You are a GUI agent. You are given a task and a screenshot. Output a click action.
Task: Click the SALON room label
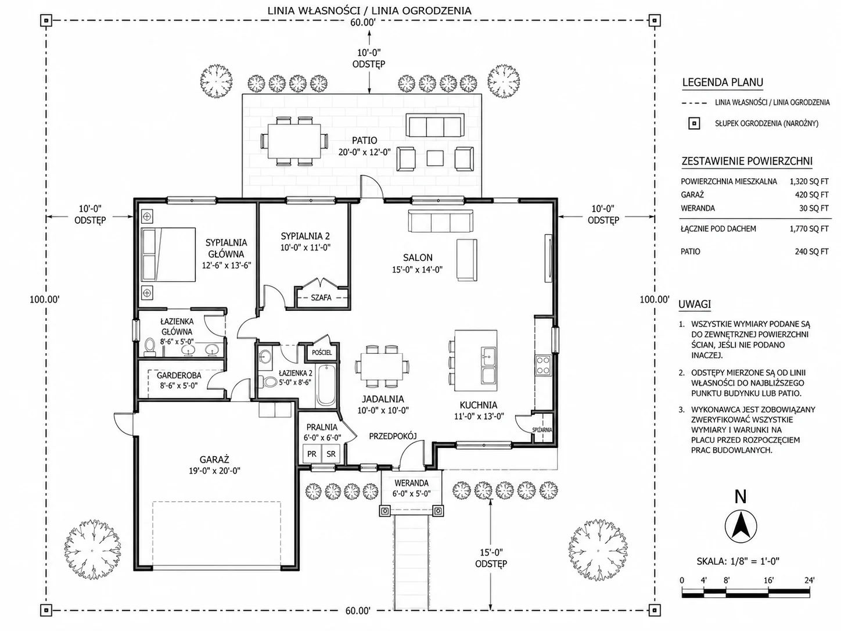point(418,258)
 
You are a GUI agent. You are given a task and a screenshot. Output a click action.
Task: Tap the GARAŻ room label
point(214,460)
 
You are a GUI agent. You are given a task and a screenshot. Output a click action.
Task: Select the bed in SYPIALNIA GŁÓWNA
point(168,254)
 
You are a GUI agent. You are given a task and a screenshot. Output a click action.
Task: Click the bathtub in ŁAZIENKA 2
point(326,385)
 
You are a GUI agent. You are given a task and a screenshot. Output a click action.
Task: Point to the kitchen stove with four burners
point(543,365)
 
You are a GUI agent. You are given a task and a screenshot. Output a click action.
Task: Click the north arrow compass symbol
point(741,526)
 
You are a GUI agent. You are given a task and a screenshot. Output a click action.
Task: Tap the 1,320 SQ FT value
point(809,182)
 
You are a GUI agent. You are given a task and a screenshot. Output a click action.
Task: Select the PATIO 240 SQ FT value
point(811,252)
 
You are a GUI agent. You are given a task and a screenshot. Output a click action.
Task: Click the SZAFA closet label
point(321,297)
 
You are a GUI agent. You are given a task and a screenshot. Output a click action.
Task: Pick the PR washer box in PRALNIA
point(312,454)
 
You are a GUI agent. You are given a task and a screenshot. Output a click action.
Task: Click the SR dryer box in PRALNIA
point(331,454)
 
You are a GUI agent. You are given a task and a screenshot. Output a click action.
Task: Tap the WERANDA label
point(411,483)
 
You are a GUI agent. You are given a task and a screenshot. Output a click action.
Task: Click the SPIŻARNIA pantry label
point(542,430)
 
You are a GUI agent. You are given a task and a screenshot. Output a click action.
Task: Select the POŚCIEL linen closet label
point(322,353)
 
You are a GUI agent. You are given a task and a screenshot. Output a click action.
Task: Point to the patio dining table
point(294,141)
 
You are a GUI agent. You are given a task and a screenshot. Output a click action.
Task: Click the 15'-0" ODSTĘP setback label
point(491,558)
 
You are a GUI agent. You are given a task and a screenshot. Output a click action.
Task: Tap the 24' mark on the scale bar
point(809,580)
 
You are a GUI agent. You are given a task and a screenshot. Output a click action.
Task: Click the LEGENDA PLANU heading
point(723,83)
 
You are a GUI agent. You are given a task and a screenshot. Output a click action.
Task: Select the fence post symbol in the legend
point(694,124)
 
